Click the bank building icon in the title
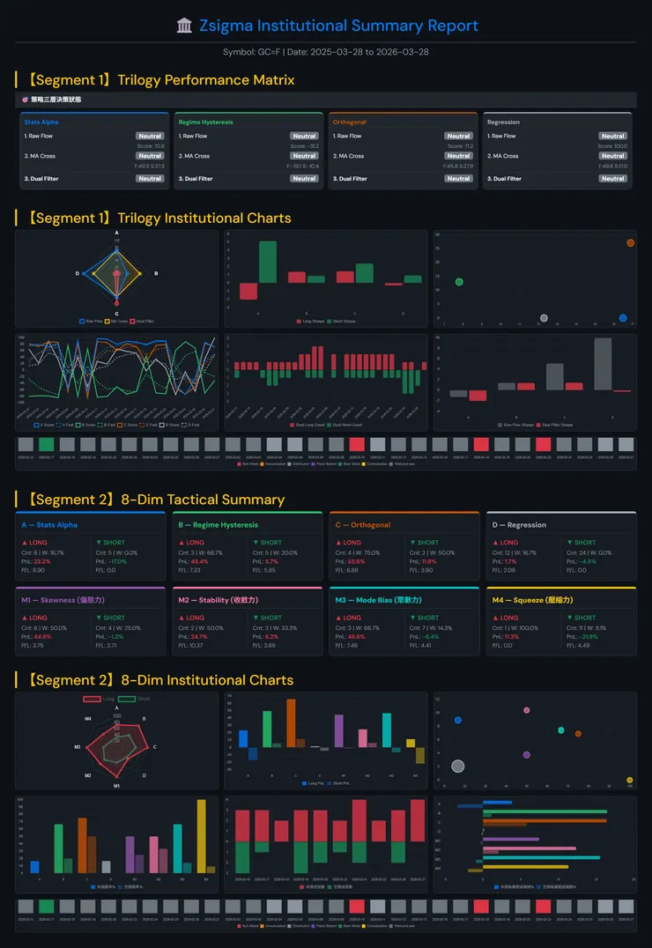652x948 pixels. (184, 26)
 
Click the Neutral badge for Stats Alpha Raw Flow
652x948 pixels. (150, 136)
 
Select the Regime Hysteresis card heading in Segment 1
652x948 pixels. (205, 122)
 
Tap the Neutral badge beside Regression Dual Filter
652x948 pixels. (612, 179)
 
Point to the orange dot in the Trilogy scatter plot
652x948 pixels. (630, 242)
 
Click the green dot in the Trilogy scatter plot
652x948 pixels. (459, 282)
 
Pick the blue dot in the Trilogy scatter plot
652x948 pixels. (623, 318)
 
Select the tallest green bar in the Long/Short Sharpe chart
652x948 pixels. (267, 262)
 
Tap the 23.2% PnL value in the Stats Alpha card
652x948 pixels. (42, 561)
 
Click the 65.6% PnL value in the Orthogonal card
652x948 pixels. (356, 561)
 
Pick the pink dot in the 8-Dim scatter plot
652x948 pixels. (527, 710)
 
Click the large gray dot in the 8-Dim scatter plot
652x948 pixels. (457, 767)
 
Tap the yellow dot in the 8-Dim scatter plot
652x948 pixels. (629, 781)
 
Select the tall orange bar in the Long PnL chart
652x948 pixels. (291, 723)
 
